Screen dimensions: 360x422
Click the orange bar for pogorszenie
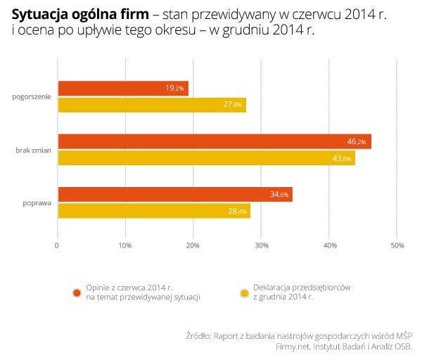click(122, 89)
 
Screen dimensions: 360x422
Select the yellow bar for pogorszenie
click(151, 105)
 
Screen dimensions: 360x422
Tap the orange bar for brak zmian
click(214, 141)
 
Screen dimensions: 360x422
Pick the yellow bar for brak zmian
click(205, 158)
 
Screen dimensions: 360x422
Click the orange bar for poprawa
click(174, 195)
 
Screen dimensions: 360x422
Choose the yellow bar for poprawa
click(153, 211)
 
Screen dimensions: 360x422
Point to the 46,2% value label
click(357, 142)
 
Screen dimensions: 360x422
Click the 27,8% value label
click(233, 105)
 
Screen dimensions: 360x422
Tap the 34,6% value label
click(279, 195)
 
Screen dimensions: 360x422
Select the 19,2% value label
click(174, 89)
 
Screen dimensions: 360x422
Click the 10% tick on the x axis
click(125, 245)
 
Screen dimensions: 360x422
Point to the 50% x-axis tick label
click(397, 245)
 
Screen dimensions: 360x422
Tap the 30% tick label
click(261, 245)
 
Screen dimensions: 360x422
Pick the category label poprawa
click(37, 203)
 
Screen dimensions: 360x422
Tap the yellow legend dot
click(245, 292)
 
